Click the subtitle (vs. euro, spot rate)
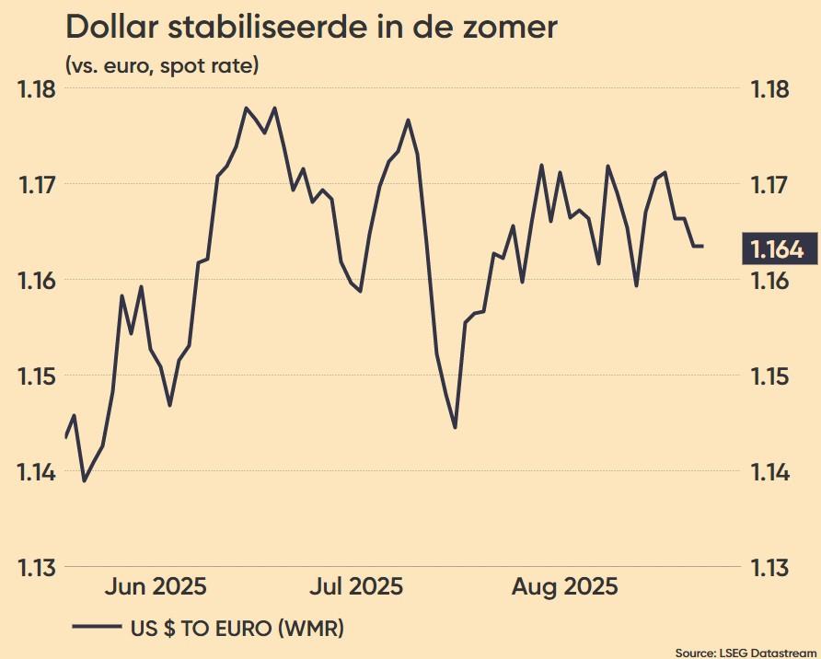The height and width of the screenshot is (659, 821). (x=162, y=66)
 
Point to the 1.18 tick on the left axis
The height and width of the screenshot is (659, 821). (x=36, y=90)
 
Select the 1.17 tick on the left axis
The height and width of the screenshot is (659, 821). (x=36, y=184)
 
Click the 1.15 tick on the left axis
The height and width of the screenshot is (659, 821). (x=36, y=376)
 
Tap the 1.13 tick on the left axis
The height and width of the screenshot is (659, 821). (x=36, y=568)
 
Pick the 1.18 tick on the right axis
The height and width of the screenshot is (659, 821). (x=769, y=90)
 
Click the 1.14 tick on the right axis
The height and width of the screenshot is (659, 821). (x=769, y=472)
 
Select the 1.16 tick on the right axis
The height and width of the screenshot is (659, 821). (x=769, y=280)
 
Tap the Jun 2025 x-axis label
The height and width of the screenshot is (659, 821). (x=154, y=587)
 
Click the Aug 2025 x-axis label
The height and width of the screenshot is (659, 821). (x=565, y=587)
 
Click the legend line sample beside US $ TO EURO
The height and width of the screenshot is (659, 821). (x=96, y=628)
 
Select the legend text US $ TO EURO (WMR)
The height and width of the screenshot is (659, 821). (x=237, y=629)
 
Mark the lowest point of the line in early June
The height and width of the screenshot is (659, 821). (x=85, y=480)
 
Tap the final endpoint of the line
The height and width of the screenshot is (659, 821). (x=703, y=247)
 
